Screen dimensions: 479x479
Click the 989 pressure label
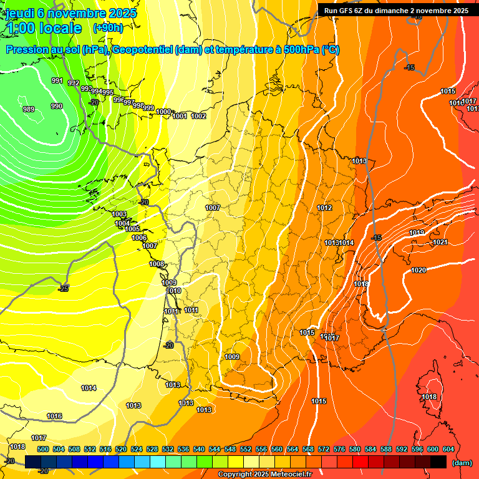coord(29,109)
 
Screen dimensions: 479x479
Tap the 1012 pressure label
coord(324,208)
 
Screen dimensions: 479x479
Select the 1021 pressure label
coord(440,242)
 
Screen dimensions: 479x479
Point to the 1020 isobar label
coord(419,270)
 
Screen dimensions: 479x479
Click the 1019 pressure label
coord(417,233)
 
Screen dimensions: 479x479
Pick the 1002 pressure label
coord(198,116)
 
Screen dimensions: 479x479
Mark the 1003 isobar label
coord(119,214)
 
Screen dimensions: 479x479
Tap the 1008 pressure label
coord(157,264)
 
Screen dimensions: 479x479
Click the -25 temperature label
coord(63,289)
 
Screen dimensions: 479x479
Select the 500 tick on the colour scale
coord(43,449)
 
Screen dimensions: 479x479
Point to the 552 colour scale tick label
coord(246,449)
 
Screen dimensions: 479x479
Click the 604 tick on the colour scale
coord(448,449)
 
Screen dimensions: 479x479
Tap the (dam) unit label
coord(462,463)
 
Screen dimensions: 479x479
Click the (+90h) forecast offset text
coord(107,27)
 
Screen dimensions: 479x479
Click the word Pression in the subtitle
coord(29,50)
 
